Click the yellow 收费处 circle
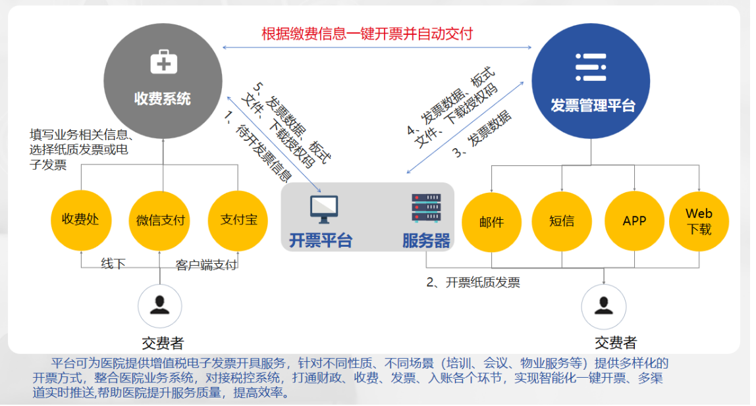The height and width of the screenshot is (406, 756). pyautogui.click(x=81, y=220)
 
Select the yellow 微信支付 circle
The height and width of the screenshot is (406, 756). pyautogui.click(x=159, y=220)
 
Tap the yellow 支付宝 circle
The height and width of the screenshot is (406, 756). pyautogui.click(x=238, y=220)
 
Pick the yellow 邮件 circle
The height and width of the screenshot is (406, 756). pyautogui.click(x=492, y=222)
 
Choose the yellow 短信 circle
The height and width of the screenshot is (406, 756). pyautogui.click(x=562, y=221)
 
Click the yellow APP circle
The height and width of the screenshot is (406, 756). pyautogui.click(x=635, y=221)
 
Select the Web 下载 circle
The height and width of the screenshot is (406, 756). pyautogui.click(x=699, y=221)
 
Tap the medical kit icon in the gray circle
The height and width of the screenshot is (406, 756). pyautogui.click(x=164, y=62)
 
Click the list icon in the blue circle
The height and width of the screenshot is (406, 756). pyautogui.click(x=591, y=67)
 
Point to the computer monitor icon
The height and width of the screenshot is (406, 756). pyautogui.click(x=324, y=209)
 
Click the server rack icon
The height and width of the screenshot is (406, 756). pyautogui.click(x=426, y=208)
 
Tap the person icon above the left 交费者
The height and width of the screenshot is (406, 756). pyautogui.click(x=159, y=306)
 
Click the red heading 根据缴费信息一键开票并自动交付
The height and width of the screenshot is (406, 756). pyautogui.click(x=367, y=34)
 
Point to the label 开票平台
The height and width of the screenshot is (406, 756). pyautogui.click(x=321, y=240)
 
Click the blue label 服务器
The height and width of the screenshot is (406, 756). pyautogui.click(x=426, y=240)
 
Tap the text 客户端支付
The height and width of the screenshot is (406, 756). pyautogui.click(x=206, y=265)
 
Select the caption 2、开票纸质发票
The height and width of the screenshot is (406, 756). pyautogui.click(x=473, y=282)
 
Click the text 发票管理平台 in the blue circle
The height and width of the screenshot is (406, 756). pyautogui.click(x=593, y=105)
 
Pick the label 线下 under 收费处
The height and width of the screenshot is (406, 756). pyautogui.click(x=113, y=263)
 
